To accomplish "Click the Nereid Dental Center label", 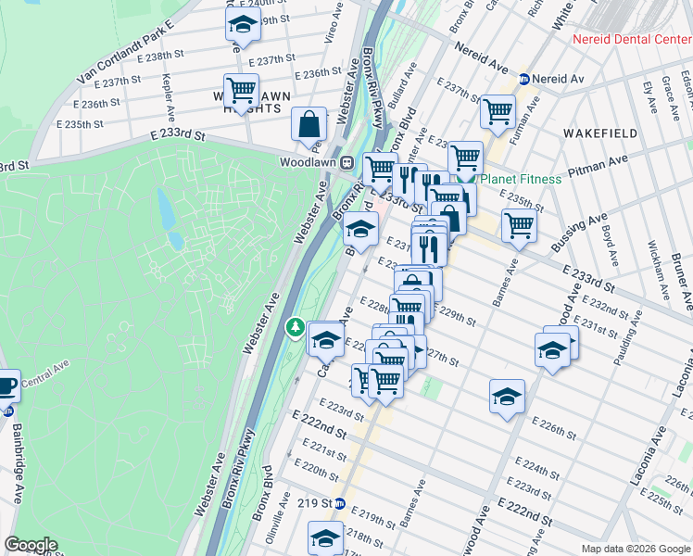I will tap(632, 39).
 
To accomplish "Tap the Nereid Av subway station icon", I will tap(523, 80).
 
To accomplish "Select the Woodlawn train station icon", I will tap(346, 162).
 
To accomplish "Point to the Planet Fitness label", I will tap(522, 179).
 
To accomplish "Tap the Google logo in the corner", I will tap(31, 545).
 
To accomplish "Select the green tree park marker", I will tap(295, 326).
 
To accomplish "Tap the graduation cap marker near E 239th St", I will tap(243, 25).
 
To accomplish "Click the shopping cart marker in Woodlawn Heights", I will tap(241, 91).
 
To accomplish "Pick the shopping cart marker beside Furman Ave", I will tap(498, 112).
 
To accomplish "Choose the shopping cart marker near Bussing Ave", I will tap(519, 224).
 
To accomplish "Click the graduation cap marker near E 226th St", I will tap(507, 396).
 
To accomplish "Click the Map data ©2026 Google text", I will tap(635, 549).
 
